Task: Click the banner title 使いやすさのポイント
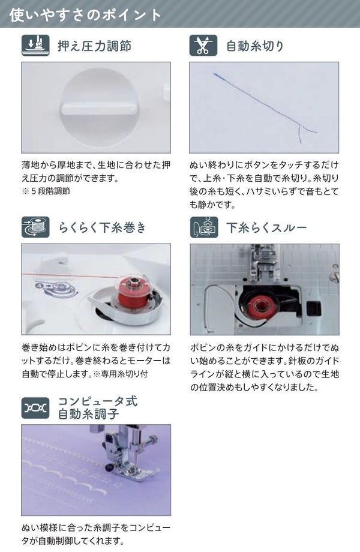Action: point(85,15)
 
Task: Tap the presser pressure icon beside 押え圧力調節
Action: point(35,46)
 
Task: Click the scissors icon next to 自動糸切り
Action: point(203,46)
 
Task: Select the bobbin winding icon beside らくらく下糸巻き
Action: point(35,227)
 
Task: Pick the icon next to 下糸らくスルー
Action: point(204,227)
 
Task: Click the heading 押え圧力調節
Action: point(95,46)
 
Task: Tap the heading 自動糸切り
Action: point(255,46)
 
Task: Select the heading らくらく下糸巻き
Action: point(103,227)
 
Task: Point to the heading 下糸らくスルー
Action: point(266,227)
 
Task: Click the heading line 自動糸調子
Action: point(89,414)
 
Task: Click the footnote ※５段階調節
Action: point(46,191)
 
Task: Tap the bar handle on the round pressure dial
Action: point(99,109)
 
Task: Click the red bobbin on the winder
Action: point(133,292)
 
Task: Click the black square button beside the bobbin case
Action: point(314,308)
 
